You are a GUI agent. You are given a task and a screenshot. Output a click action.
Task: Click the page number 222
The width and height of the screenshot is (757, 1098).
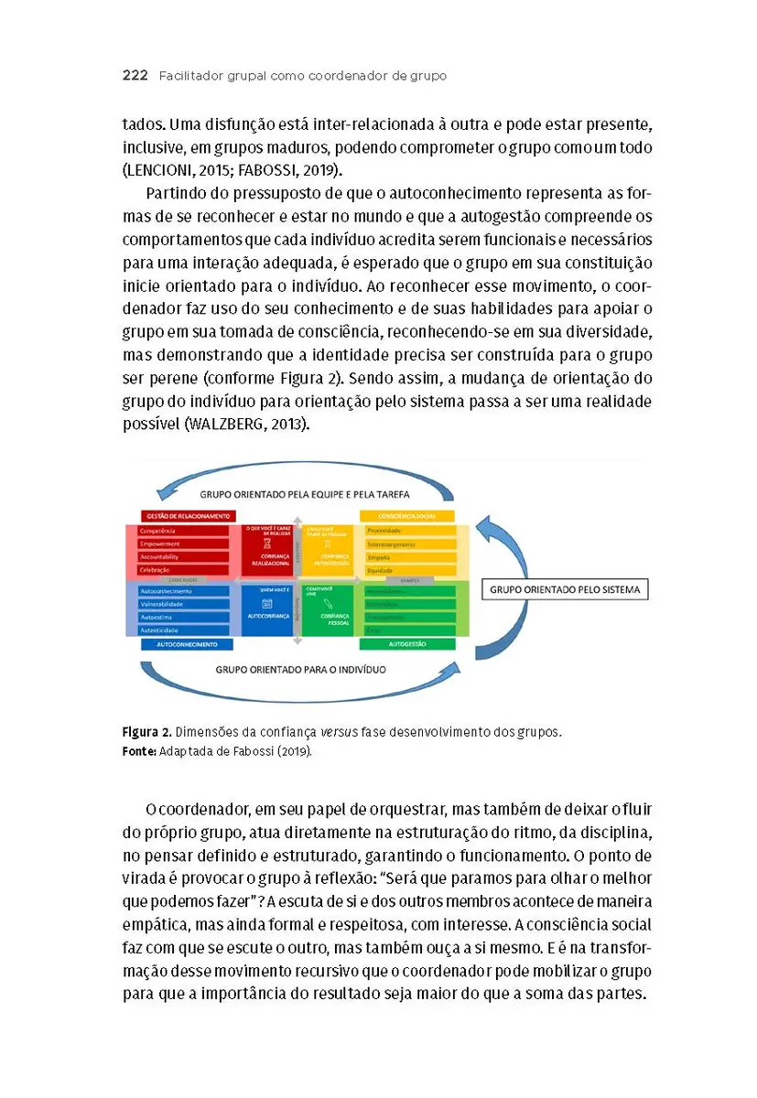click(135, 76)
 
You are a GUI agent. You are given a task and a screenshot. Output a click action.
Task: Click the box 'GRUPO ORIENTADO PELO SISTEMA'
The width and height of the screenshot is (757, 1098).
click(564, 589)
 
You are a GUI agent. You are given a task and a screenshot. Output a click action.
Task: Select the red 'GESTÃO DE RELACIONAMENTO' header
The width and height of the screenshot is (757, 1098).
click(187, 516)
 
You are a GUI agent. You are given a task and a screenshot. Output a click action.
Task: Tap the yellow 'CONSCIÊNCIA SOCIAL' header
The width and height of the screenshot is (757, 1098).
click(407, 516)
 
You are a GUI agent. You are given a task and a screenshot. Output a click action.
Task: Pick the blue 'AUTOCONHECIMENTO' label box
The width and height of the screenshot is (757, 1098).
click(187, 644)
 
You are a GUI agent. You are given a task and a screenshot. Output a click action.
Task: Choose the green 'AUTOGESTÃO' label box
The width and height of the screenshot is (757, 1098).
click(407, 644)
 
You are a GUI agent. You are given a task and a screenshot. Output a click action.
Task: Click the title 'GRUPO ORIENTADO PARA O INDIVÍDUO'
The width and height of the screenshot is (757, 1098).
click(300, 669)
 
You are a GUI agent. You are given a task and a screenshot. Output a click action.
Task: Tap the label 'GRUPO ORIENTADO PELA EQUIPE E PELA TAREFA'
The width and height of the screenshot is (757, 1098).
click(305, 494)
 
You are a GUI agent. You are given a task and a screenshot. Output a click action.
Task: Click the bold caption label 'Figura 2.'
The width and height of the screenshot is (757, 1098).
click(146, 733)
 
